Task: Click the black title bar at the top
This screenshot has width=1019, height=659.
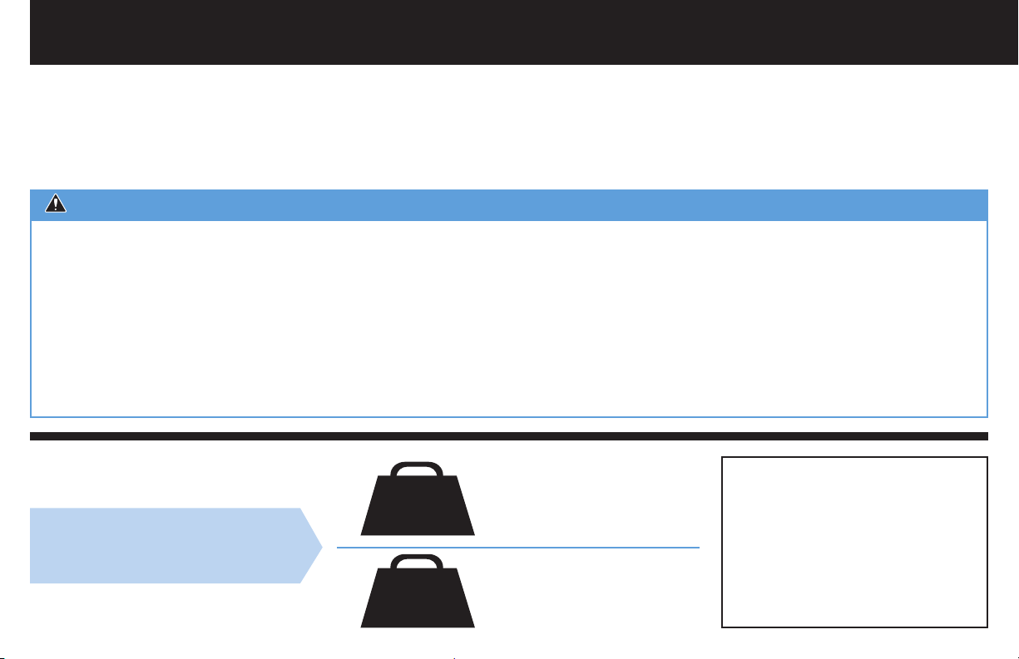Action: (509, 32)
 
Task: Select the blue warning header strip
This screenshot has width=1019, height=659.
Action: (509, 204)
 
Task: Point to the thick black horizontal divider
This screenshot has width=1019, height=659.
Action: (509, 436)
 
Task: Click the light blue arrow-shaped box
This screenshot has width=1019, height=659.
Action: (166, 546)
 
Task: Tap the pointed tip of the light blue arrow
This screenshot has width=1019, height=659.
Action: (320, 546)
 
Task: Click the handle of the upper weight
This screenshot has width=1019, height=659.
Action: (418, 466)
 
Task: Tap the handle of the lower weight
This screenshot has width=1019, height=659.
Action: (418, 559)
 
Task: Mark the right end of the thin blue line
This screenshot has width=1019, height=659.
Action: (698, 548)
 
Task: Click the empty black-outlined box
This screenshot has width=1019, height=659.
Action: (854, 541)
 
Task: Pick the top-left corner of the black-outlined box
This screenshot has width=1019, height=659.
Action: (722, 456)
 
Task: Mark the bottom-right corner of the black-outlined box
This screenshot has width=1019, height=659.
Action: (987, 626)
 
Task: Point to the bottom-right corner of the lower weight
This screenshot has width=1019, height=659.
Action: (473, 625)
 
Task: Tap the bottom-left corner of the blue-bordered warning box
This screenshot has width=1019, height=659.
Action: (32, 416)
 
